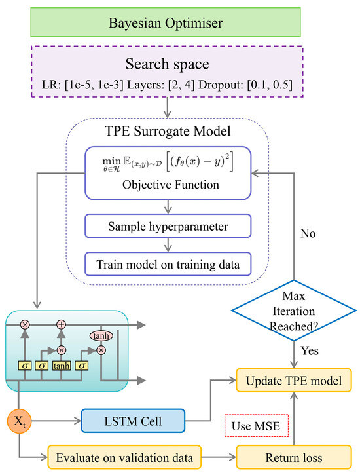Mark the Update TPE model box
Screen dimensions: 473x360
[x=294, y=381]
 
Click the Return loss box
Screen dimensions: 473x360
[x=294, y=457]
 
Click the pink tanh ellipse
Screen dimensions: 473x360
[x=101, y=335]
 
